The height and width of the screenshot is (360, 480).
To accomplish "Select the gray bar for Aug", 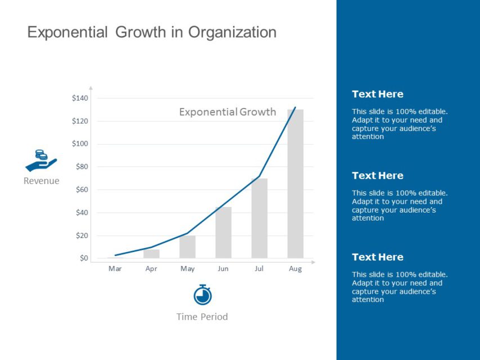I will click(295, 183).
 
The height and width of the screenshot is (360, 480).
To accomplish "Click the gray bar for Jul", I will click(259, 218).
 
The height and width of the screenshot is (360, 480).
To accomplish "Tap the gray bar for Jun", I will click(223, 232).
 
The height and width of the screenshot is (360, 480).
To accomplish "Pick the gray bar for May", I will click(187, 247).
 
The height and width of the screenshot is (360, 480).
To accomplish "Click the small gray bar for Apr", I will click(151, 254).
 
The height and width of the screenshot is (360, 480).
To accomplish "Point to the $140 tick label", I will click(80, 98).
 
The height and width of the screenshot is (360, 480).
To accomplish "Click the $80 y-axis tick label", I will click(82, 166).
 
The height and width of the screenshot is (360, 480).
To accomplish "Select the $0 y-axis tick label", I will click(84, 258).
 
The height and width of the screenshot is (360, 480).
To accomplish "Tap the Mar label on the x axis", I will click(115, 269).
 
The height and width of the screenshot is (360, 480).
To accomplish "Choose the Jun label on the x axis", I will click(223, 269).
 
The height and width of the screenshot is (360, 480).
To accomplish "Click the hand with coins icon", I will click(41, 161).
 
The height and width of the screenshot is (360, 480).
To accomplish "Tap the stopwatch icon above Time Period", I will click(202, 295).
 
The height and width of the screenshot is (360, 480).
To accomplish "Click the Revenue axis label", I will click(41, 181).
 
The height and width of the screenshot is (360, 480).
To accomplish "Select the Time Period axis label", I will click(202, 317).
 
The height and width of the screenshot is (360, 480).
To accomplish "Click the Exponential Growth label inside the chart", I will click(227, 112).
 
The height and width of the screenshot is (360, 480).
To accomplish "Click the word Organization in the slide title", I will click(232, 32).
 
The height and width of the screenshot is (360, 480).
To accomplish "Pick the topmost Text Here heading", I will click(378, 94).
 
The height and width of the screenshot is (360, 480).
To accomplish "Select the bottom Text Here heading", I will click(378, 257).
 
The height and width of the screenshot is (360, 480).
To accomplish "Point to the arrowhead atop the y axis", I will click(91, 88).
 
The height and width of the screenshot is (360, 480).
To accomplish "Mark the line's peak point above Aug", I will click(295, 107).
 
